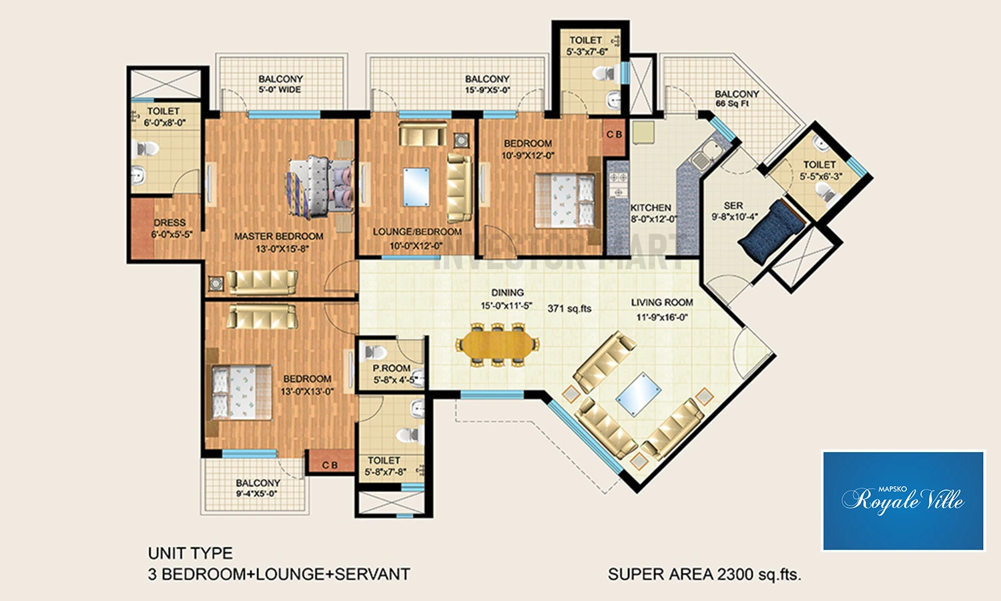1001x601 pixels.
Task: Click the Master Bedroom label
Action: click(278, 242)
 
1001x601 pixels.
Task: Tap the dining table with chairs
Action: click(497, 345)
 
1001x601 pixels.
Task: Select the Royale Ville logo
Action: click(903, 500)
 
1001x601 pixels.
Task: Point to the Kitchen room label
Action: click(653, 213)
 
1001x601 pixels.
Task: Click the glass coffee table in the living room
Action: click(638, 395)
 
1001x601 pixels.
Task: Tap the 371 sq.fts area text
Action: click(569, 309)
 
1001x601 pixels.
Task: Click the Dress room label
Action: click(171, 228)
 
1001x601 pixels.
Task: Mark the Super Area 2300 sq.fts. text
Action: click(705, 574)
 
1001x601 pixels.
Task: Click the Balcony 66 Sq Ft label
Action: click(737, 98)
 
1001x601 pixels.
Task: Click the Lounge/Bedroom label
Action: click(417, 238)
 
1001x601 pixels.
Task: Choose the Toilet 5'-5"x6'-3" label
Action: click(820, 170)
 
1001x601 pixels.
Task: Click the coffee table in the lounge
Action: click(416, 187)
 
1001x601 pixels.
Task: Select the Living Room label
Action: click(662, 309)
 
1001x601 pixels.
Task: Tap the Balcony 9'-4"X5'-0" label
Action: click(257, 488)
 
